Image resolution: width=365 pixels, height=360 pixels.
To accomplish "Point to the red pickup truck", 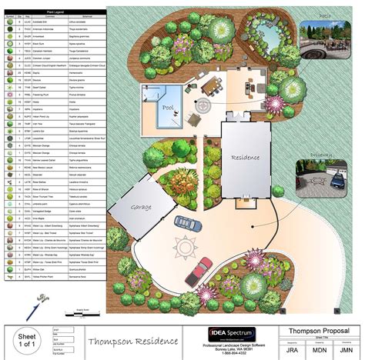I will (x=200, y=268).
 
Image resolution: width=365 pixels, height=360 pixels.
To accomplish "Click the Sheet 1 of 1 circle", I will (x=28, y=339).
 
